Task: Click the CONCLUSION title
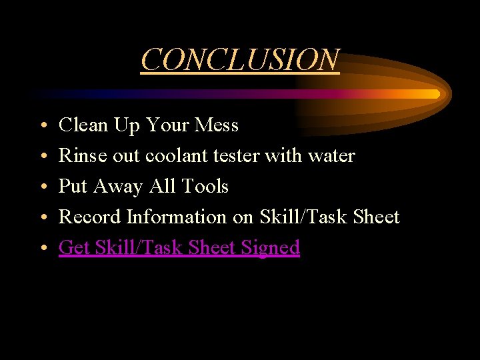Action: click(x=240, y=59)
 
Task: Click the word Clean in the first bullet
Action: click(x=83, y=125)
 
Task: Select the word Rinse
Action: click(x=78, y=155)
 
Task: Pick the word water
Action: click(x=331, y=155)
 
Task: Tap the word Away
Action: click(x=119, y=186)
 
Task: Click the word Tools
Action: click(x=205, y=186)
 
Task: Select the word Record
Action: click(x=90, y=217)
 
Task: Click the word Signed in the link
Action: click(x=271, y=247)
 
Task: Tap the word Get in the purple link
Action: click(x=74, y=247)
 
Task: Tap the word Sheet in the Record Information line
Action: click(x=376, y=217)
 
